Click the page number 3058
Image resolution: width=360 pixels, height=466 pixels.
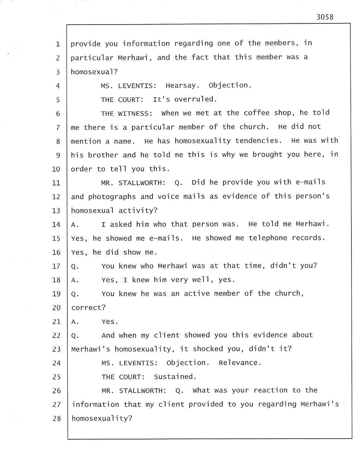pyautogui.click(x=325, y=17)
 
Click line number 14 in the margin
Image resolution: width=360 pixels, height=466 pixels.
pyautogui.click(x=56, y=225)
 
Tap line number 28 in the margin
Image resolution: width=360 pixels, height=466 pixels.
pyautogui.click(x=56, y=418)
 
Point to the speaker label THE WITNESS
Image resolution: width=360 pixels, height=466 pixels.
pyautogui.click(x=126, y=113)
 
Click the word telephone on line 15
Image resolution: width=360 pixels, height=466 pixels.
pyautogui.click(x=268, y=238)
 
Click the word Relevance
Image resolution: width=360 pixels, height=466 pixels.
pyautogui.click(x=240, y=363)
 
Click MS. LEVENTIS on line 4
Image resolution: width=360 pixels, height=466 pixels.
pyautogui.click(x=128, y=86)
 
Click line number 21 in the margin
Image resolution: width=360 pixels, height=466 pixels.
pyautogui.click(x=56, y=322)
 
